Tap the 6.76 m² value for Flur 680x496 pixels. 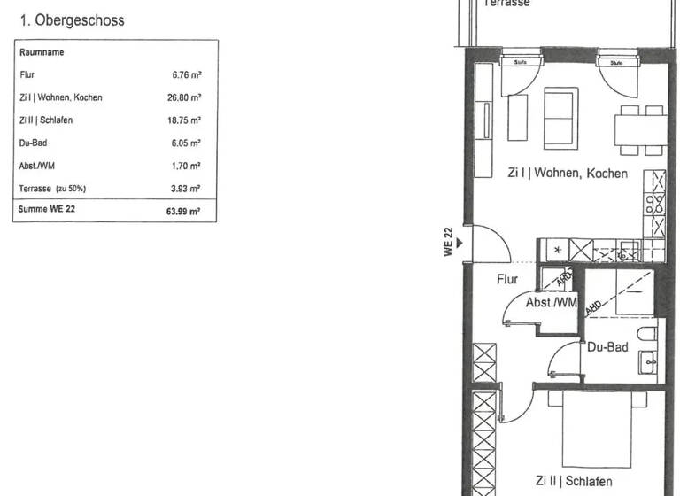point(186,75)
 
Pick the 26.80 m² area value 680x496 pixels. point(183,97)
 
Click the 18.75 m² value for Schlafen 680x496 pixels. point(183,120)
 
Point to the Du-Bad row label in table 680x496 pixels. point(34,143)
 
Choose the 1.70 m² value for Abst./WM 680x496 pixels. point(186,166)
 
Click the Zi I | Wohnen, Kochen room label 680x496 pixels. point(567,174)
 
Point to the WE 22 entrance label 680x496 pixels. point(448,242)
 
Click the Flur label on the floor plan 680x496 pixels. point(507,279)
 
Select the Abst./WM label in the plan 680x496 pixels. point(551,303)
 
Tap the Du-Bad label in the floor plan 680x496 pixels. point(607,347)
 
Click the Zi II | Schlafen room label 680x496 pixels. point(573,481)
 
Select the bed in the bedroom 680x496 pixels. point(597,430)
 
